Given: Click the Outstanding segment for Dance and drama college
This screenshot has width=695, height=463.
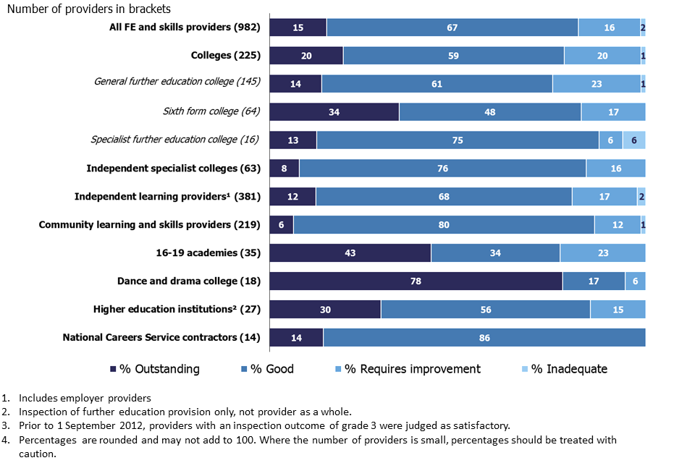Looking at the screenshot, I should tap(416, 281).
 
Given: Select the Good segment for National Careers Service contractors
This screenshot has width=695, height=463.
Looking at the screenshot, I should tap(484, 338).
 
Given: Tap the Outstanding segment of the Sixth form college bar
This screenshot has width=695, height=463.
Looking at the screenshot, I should tap(334, 112).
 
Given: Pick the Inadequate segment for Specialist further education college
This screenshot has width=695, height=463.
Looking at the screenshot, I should tap(634, 140).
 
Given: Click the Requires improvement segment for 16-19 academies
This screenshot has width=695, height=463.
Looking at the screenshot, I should tap(602, 253).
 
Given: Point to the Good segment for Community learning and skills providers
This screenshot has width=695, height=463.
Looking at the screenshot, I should tap(444, 225).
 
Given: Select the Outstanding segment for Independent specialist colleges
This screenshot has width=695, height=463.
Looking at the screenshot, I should tap(284, 169).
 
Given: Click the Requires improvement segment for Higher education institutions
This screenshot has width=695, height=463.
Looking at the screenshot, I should tap(618, 310).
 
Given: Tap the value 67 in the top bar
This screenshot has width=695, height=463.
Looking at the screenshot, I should tap(452, 27).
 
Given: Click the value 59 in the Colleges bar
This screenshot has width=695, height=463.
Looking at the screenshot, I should tap(453, 56).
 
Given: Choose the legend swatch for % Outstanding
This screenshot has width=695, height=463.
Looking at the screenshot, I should tap(112, 369).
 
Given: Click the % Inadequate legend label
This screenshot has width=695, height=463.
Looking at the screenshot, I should tap(569, 369).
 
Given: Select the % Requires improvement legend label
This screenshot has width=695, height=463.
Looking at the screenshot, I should tap(412, 369).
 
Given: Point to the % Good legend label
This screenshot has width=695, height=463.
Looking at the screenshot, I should tap(272, 369).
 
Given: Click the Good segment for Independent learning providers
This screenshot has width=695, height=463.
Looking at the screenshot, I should tap(444, 197).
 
